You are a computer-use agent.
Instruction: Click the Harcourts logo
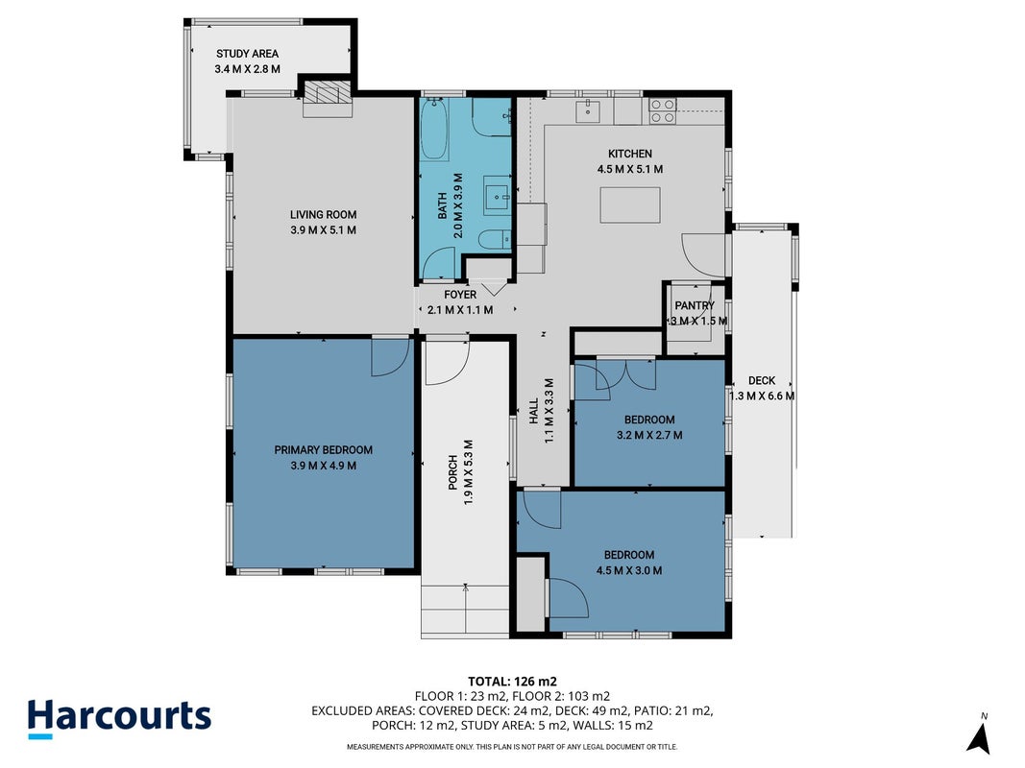coord(120,718)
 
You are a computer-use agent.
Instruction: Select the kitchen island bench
coord(630,204)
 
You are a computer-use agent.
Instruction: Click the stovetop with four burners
coord(662,111)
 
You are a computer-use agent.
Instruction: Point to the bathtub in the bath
coord(434,130)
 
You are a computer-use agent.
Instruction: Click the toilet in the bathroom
coord(494,240)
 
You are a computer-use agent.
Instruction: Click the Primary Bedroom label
coord(324,450)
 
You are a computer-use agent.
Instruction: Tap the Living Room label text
coord(324,214)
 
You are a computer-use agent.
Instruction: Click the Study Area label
coord(248,54)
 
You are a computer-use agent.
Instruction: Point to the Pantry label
coord(695,305)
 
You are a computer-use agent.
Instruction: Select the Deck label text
coord(762,380)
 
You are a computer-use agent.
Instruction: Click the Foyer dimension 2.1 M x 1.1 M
coord(460,310)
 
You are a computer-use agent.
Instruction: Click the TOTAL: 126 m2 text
coord(513,683)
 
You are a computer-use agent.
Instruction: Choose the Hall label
coord(534,412)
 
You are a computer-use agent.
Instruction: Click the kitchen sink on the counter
coord(588,110)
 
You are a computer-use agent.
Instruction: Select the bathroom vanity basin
coord(498,195)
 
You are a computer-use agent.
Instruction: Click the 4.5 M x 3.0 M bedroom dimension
coord(629,571)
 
